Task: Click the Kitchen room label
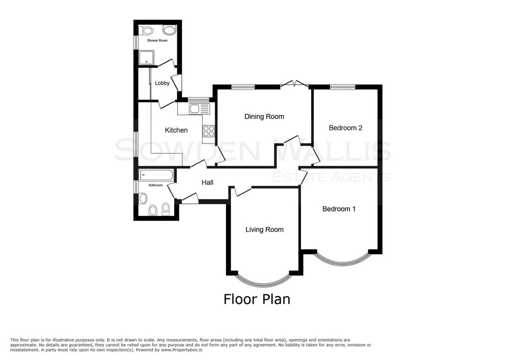176,130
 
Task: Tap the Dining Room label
264,117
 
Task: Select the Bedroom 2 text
345,128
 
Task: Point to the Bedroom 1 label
339,209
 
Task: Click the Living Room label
264,230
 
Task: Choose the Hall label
207,182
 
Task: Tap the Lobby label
162,83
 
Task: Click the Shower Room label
157,40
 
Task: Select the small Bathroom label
156,185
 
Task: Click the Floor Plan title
257,299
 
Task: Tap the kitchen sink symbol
200,109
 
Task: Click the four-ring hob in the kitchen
209,131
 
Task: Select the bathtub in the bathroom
156,175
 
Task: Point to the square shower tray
146,57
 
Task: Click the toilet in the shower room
146,30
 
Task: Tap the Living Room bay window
264,281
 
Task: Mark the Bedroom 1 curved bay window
342,260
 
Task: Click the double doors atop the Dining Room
294,84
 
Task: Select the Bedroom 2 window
343,87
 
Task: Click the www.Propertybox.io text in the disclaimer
182,350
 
